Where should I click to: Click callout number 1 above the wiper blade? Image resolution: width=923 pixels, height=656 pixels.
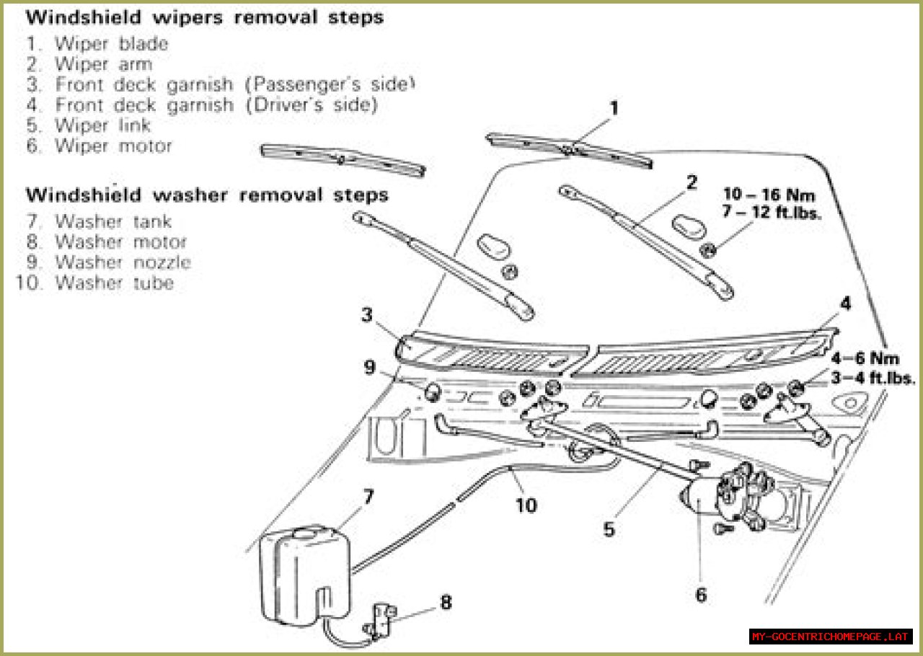[614, 109]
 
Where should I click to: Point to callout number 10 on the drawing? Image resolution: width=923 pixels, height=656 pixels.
[526, 505]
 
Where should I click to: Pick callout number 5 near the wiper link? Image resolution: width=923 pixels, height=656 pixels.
[609, 529]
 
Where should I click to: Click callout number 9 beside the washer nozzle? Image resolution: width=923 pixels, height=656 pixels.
[370, 368]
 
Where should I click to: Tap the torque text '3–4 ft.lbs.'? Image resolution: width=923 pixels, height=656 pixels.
[873, 378]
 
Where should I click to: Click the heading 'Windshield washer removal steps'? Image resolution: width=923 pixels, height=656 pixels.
[207, 195]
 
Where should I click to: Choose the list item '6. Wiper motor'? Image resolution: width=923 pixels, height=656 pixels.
[100, 146]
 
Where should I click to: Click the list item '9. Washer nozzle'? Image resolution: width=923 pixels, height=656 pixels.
[109, 262]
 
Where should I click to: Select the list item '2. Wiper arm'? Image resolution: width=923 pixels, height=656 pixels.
[89, 64]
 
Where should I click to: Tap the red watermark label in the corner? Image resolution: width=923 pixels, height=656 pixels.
[830, 637]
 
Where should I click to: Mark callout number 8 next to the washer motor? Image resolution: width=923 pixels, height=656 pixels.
[446, 602]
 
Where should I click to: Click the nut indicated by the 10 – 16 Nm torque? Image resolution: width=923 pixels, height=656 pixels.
[708, 249]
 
